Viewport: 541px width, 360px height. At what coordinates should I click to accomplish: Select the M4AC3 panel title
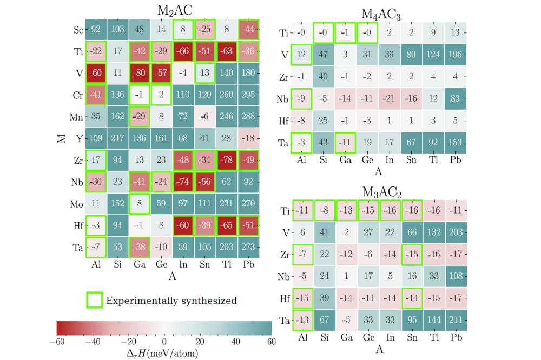(379, 15)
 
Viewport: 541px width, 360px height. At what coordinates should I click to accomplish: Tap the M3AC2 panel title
(379, 192)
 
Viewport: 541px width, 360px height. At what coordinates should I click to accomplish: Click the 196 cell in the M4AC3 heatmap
(455, 55)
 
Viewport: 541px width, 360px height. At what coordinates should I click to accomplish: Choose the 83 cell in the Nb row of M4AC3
(455, 98)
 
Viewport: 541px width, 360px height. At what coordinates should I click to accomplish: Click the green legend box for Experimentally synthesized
(95, 300)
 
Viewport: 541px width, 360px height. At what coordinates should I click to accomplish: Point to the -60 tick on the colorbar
(57, 342)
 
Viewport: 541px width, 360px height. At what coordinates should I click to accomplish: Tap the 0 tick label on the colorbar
(164, 342)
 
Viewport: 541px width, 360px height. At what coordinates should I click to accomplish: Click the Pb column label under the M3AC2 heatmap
(455, 337)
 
